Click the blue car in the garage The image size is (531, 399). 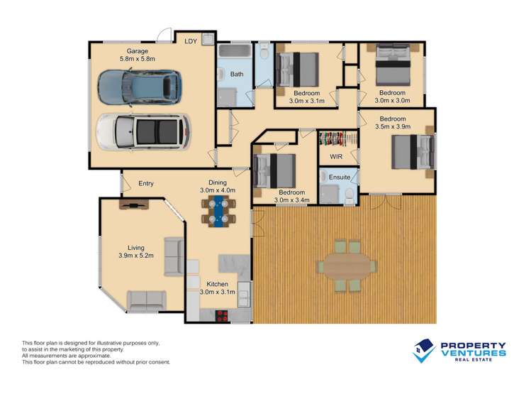point(140,88)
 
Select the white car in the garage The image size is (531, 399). point(144,131)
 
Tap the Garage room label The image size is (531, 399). point(137,51)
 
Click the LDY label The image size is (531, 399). point(191,41)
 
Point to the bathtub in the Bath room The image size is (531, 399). point(235,51)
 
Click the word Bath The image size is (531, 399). point(237,74)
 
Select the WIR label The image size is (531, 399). point(336,157)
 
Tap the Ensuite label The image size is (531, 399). point(340,177)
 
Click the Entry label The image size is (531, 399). point(146,183)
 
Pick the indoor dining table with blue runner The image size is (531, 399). point(218,211)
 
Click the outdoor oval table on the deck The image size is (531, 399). point(347,266)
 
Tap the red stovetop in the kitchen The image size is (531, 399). point(222,316)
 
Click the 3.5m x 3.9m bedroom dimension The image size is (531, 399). point(393,127)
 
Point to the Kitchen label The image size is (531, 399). point(218,284)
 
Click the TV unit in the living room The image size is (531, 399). point(134,204)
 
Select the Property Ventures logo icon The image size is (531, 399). point(424,351)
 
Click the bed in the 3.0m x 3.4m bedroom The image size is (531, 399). point(274,171)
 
